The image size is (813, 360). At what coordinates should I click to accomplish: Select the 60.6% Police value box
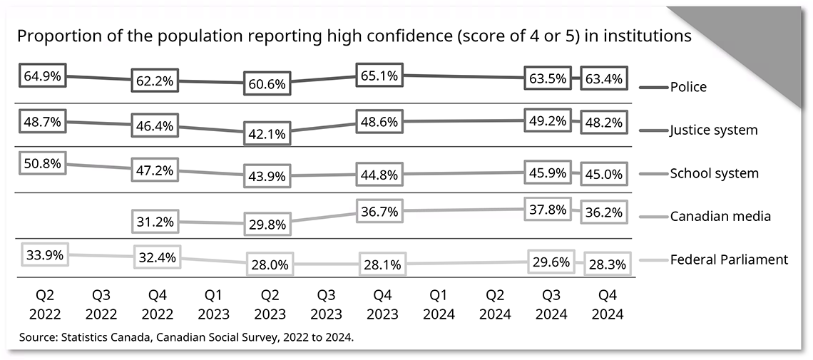pos(267,83)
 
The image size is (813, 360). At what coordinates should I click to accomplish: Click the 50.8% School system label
pos(42,163)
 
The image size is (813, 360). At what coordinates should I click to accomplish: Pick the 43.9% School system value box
pos(267,175)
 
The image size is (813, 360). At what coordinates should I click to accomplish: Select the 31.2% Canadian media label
pos(154,222)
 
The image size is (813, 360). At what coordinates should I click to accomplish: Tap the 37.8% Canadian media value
pos(548,209)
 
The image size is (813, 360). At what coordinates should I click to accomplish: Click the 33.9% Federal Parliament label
pos(42,254)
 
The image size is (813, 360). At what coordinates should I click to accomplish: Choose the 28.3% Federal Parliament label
pos(605,264)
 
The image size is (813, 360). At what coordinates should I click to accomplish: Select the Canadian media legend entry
pos(720,216)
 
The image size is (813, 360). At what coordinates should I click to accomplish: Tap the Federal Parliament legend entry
pos(728,259)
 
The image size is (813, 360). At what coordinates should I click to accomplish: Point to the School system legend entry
pos(713,173)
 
